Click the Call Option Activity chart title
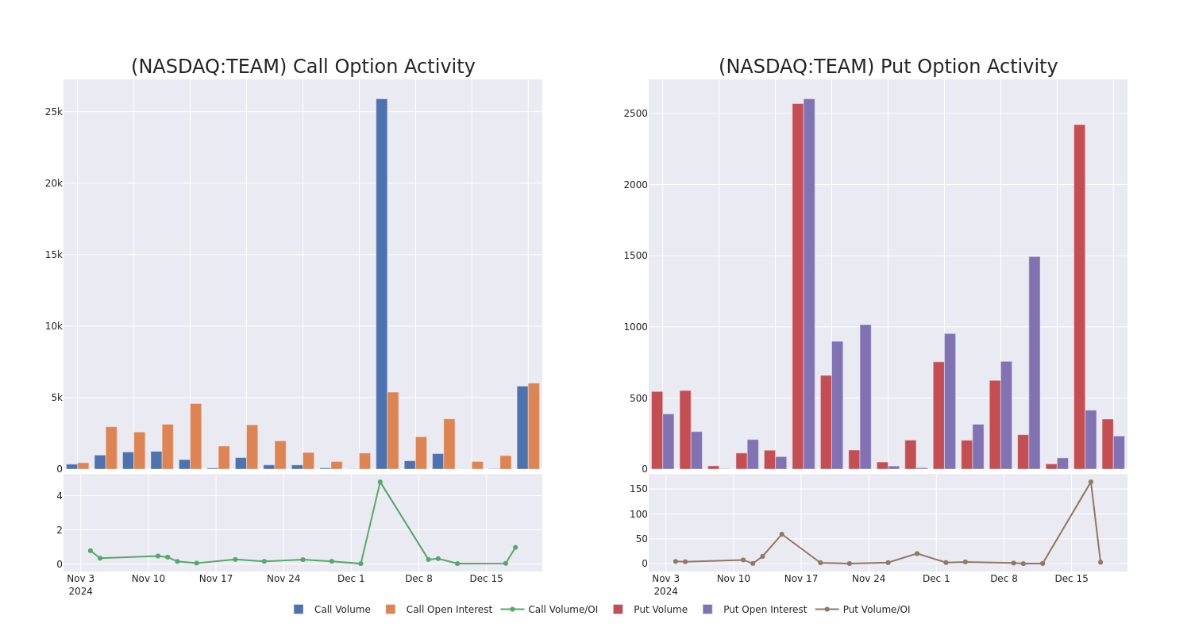pyautogui.click(x=303, y=67)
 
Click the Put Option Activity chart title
pyautogui.click(x=888, y=67)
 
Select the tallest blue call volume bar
pyautogui.click(x=382, y=283)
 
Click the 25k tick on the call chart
pyautogui.click(x=53, y=112)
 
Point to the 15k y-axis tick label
pyautogui.click(x=53, y=255)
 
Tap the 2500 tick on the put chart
pyautogui.click(x=636, y=114)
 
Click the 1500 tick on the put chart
pyautogui.click(x=636, y=256)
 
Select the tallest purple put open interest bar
pyautogui.click(x=809, y=283)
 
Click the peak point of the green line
pyautogui.click(x=380, y=482)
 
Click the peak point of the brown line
pyautogui.click(x=1090, y=482)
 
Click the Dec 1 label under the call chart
pyautogui.click(x=351, y=579)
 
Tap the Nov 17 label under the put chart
pyautogui.click(x=800, y=579)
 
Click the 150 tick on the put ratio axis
pyautogui.click(x=638, y=489)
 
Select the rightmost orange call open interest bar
pyautogui.click(x=534, y=426)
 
